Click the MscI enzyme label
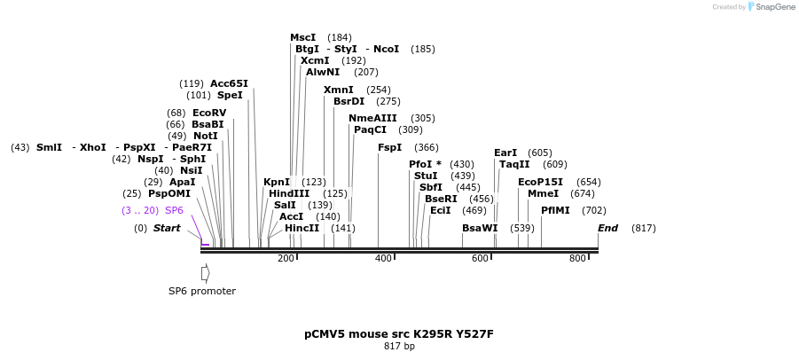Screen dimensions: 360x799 pyautogui.click(x=302, y=37)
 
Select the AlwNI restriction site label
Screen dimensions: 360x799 pyautogui.click(x=323, y=72)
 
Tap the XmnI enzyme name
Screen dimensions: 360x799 pyautogui.click(x=338, y=90)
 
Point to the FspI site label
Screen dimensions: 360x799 pyautogui.click(x=389, y=147)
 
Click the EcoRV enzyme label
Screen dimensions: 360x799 pyautogui.click(x=209, y=113)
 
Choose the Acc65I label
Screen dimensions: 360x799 pyautogui.click(x=229, y=83)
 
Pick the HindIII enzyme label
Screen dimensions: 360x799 pyautogui.click(x=289, y=193)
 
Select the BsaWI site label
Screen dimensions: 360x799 pyautogui.click(x=480, y=228)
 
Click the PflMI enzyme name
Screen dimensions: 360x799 pyautogui.click(x=555, y=210)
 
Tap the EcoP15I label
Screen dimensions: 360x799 pyautogui.click(x=540, y=182)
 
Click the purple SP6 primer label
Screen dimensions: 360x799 pyautogui.click(x=174, y=210)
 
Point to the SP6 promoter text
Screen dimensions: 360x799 pyautogui.click(x=202, y=291)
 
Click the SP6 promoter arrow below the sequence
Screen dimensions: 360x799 pyautogui.click(x=205, y=272)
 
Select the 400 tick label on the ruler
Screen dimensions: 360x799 pyautogui.click(x=383, y=258)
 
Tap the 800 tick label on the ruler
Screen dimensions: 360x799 pyautogui.click(x=577, y=258)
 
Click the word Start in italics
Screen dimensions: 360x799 pyautogui.click(x=167, y=228)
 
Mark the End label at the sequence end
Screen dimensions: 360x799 pyautogui.click(x=607, y=228)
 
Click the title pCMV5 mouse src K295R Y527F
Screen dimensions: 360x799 pyautogui.click(x=398, y=334)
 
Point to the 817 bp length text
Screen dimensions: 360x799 pyautogui.click(x=398, y=346)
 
